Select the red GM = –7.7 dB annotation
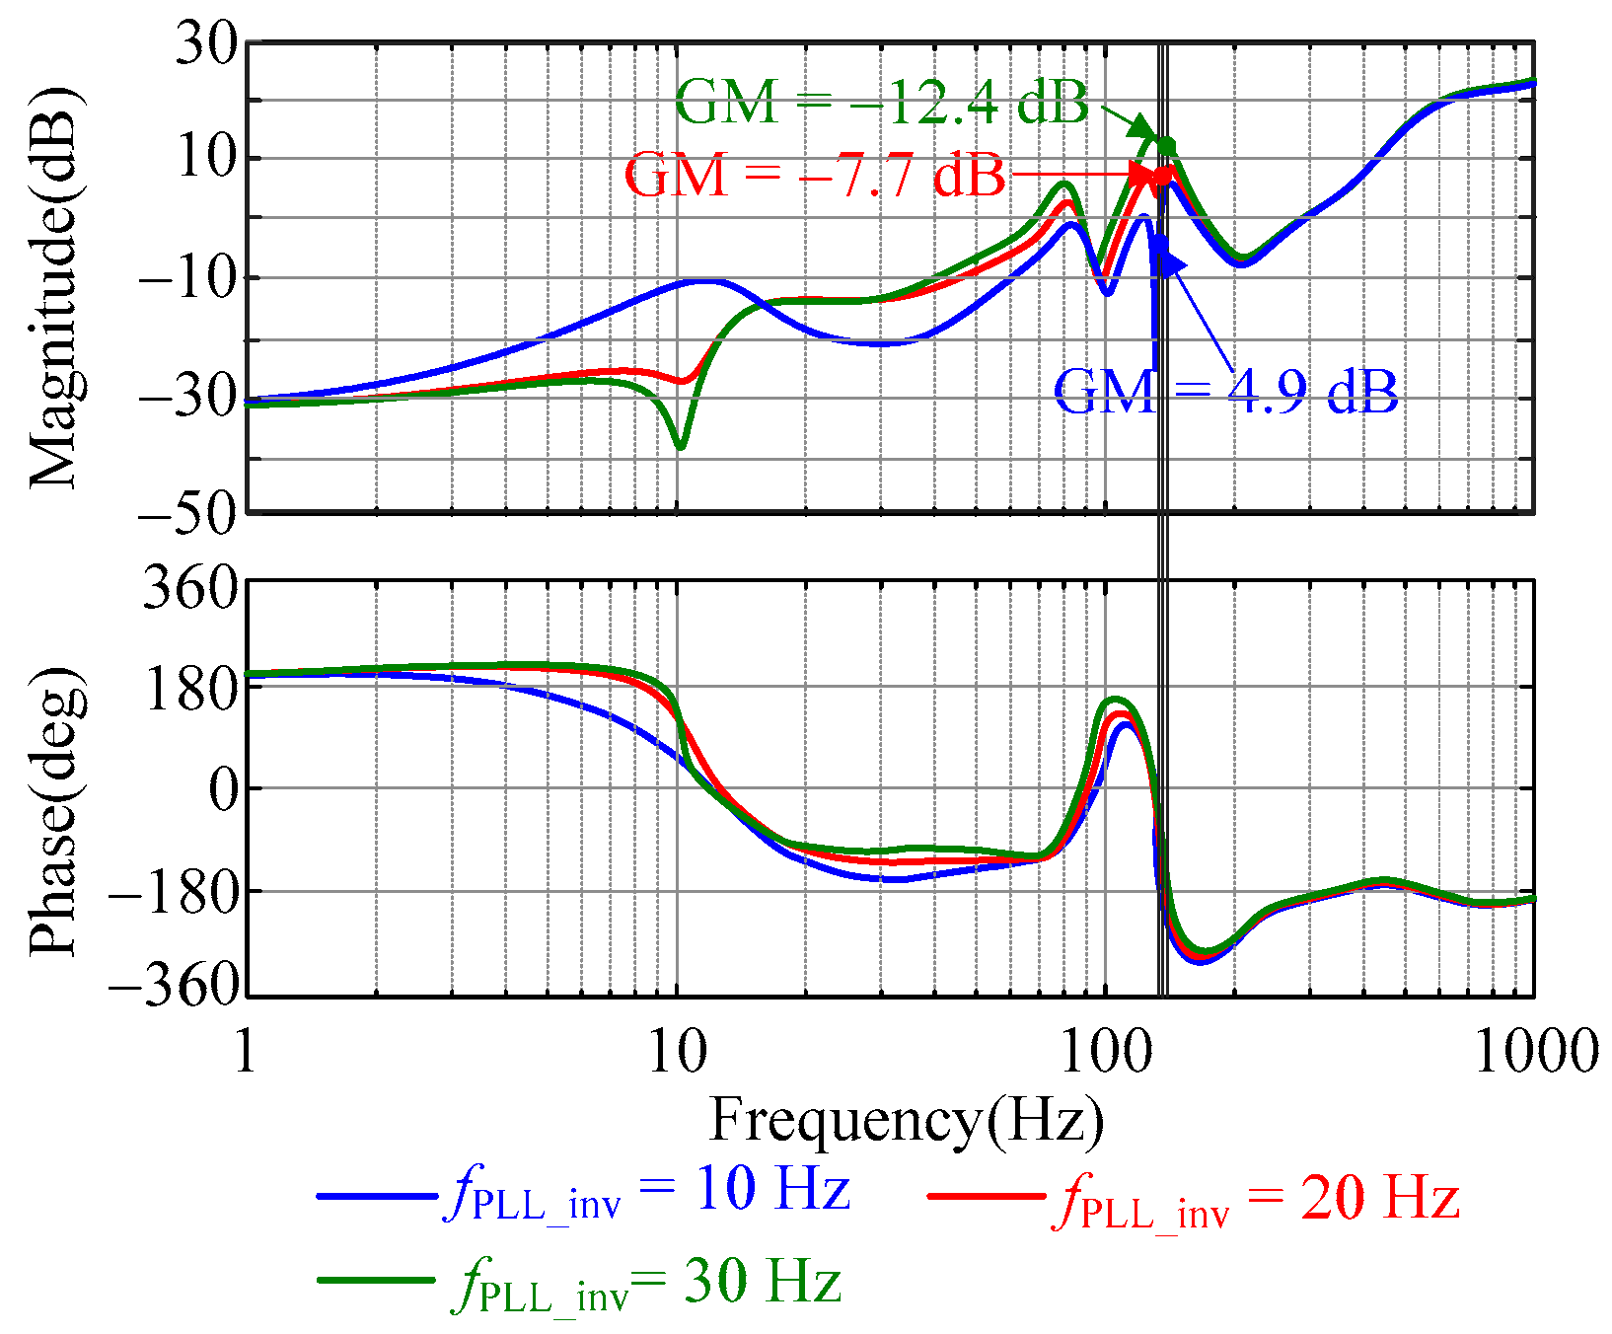pyautogui.click(x=815, y=176)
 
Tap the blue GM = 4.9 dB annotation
pyautogui.click(x=1225, y=393)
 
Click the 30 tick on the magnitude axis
pyautogui.click(x=206, y=43)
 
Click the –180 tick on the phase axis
pyautogui.click(x=174, y=891)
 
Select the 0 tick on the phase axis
pyautogui.click(x=224, y=789)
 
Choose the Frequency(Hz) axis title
pyautogui.click(x=907, y=1121)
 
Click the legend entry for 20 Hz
pyautogui.click(x=1194, y=1199)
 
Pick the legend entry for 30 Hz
pyautogui.click(x=582, y=1283)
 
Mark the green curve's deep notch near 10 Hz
pyautogui.click(x=680, y=446)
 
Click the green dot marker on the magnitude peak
pyautogui.click(x=1167, y=147)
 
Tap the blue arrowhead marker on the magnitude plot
pyautogui.click(x=1170, y=262)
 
